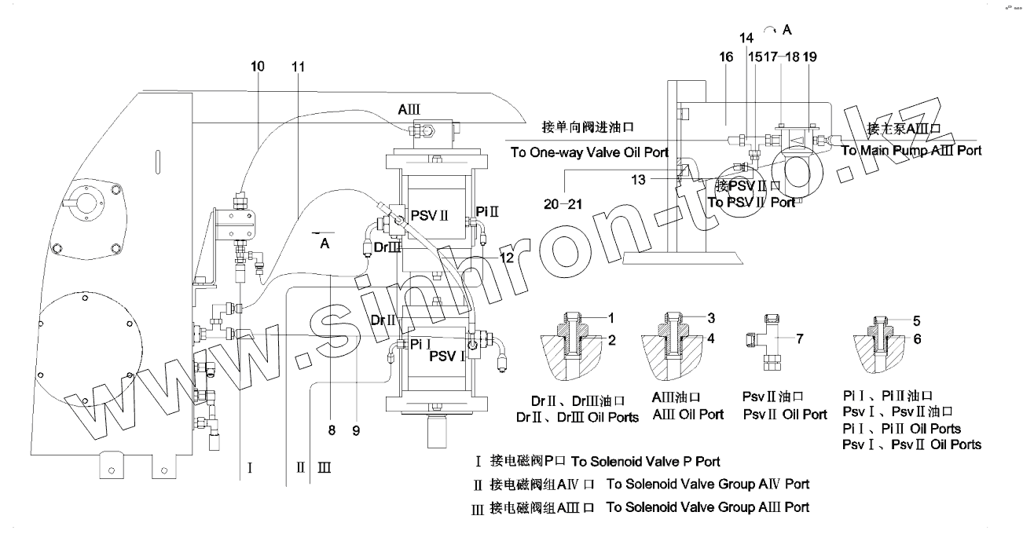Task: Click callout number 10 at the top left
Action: point(258,68)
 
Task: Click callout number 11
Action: point(297,68)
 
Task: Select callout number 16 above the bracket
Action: point(726,57)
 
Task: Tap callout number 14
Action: point(746,38)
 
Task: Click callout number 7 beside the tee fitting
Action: point(800,338)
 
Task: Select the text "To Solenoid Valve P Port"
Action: point(645,461)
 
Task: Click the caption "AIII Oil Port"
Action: point(689,414)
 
